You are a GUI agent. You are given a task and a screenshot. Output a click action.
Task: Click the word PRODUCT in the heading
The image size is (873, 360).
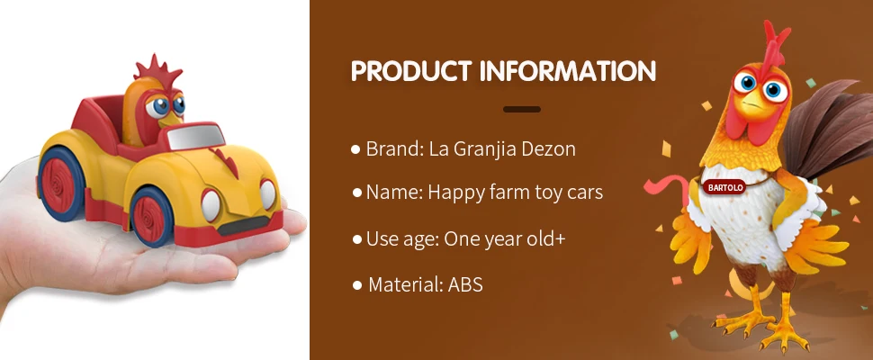pos(411,71)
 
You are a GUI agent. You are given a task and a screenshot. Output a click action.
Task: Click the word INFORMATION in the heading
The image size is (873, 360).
pos(568,71)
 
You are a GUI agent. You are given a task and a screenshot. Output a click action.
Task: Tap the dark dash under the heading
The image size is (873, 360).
pos(522,109)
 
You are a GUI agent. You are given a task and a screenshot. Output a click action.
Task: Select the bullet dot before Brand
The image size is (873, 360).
pos(355,149)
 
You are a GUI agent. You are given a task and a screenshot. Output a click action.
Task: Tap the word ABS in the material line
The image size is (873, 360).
pos(465,285)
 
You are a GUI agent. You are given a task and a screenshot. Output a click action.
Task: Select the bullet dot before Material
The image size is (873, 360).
pos(357,285)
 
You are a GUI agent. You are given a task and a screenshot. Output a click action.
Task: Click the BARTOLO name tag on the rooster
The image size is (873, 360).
pos(724,187)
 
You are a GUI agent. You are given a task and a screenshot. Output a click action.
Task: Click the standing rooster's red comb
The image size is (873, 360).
pos(774,44)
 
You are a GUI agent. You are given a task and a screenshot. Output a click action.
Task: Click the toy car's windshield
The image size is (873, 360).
pos(196,137)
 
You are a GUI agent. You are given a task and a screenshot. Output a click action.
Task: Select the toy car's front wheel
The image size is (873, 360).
pos(151,216)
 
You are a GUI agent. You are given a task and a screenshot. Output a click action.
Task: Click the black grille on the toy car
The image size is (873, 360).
pos(243,225)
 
